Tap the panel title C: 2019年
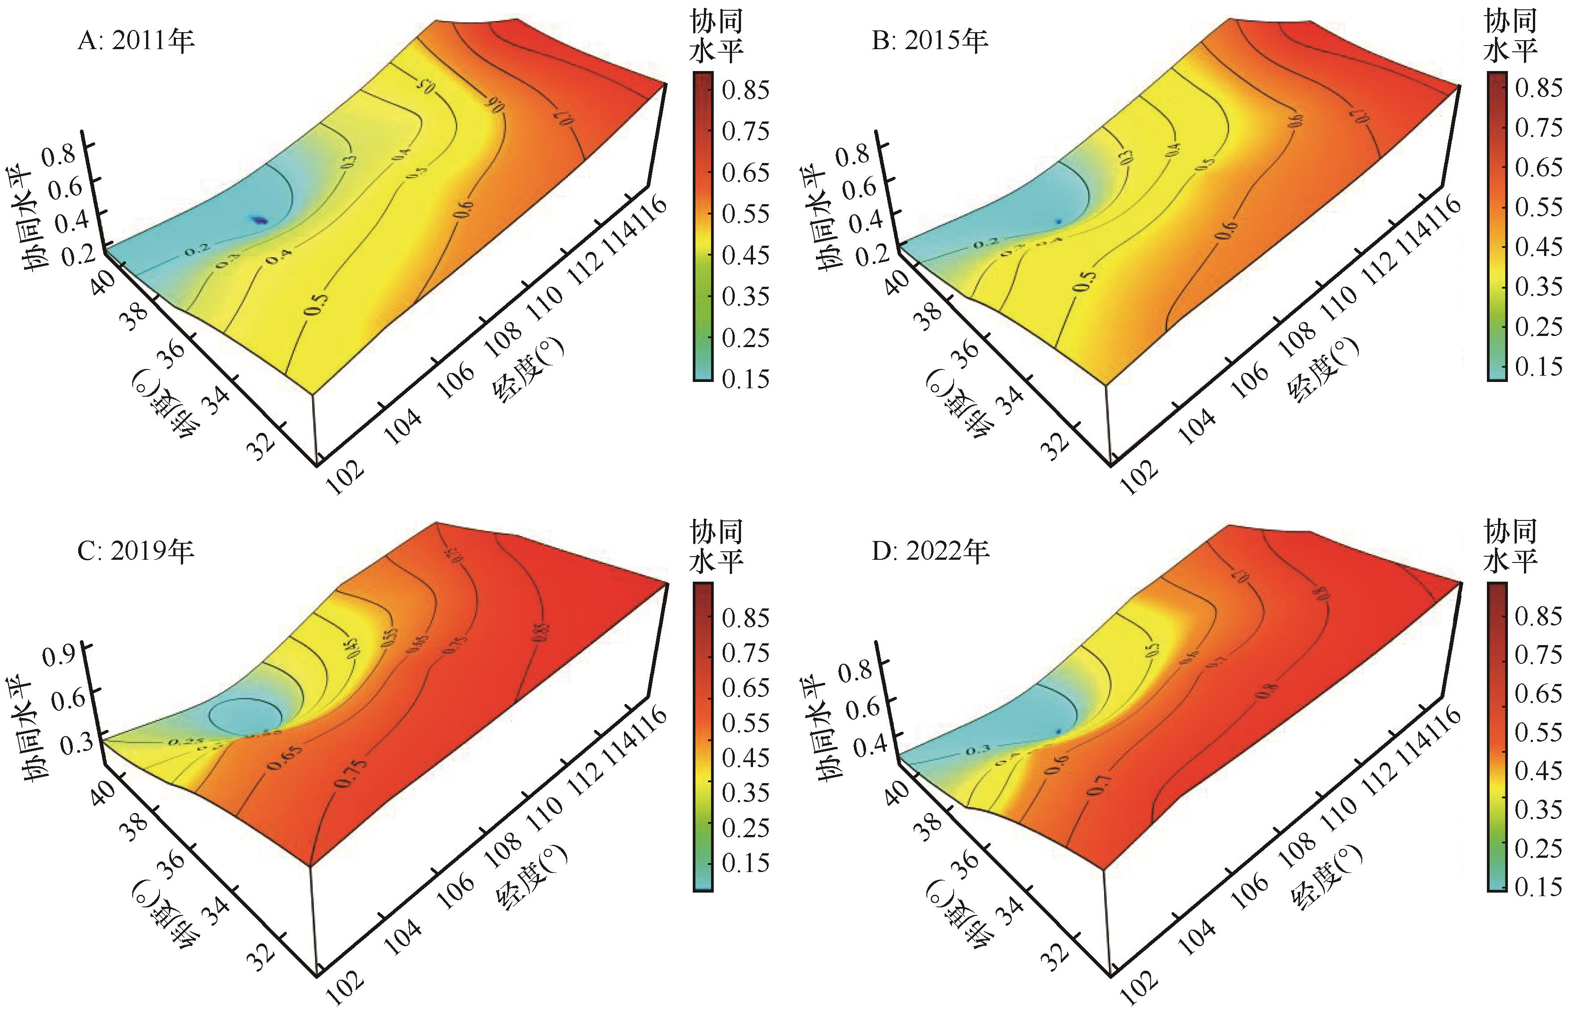click(136, 551)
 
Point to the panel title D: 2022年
click(930, 551)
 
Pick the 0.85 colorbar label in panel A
click(745, 90)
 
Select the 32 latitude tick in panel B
click(1055, 445)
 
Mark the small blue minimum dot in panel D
click(1058, 732)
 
